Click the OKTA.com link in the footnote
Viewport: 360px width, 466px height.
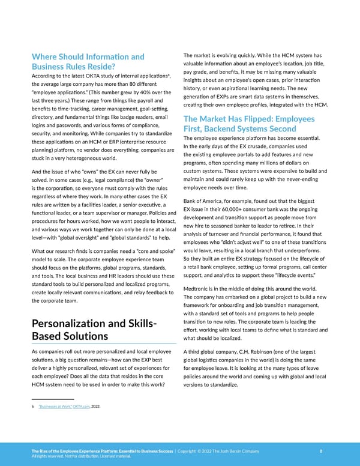(80, 407)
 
